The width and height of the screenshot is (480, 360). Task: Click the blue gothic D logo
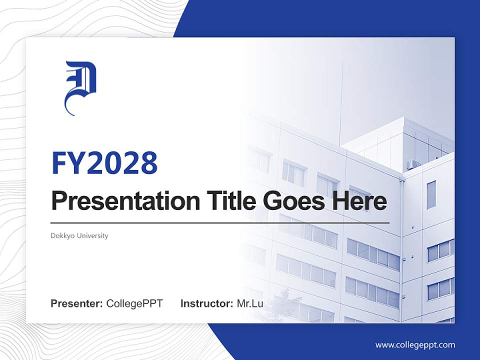click(x=80, y=87)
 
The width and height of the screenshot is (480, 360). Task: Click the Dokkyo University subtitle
click(x=79, y=235)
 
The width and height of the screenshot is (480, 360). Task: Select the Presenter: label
click(x=77, y=303)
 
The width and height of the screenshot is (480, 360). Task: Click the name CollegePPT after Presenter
click(x=134, y=303)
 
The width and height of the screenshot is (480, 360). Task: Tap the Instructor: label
click(x=206, y=303)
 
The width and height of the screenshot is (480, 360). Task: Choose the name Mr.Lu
click(x=250, y=303)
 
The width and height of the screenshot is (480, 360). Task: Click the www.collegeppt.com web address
click(x=415, y=345)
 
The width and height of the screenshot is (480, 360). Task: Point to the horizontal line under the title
click(x=220, y=223)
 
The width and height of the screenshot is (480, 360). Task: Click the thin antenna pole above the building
click(x=341, y=100)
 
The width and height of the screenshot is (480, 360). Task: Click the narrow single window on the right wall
click(x=431, y=195)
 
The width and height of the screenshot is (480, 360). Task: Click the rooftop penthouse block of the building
click(x=400, y=142)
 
